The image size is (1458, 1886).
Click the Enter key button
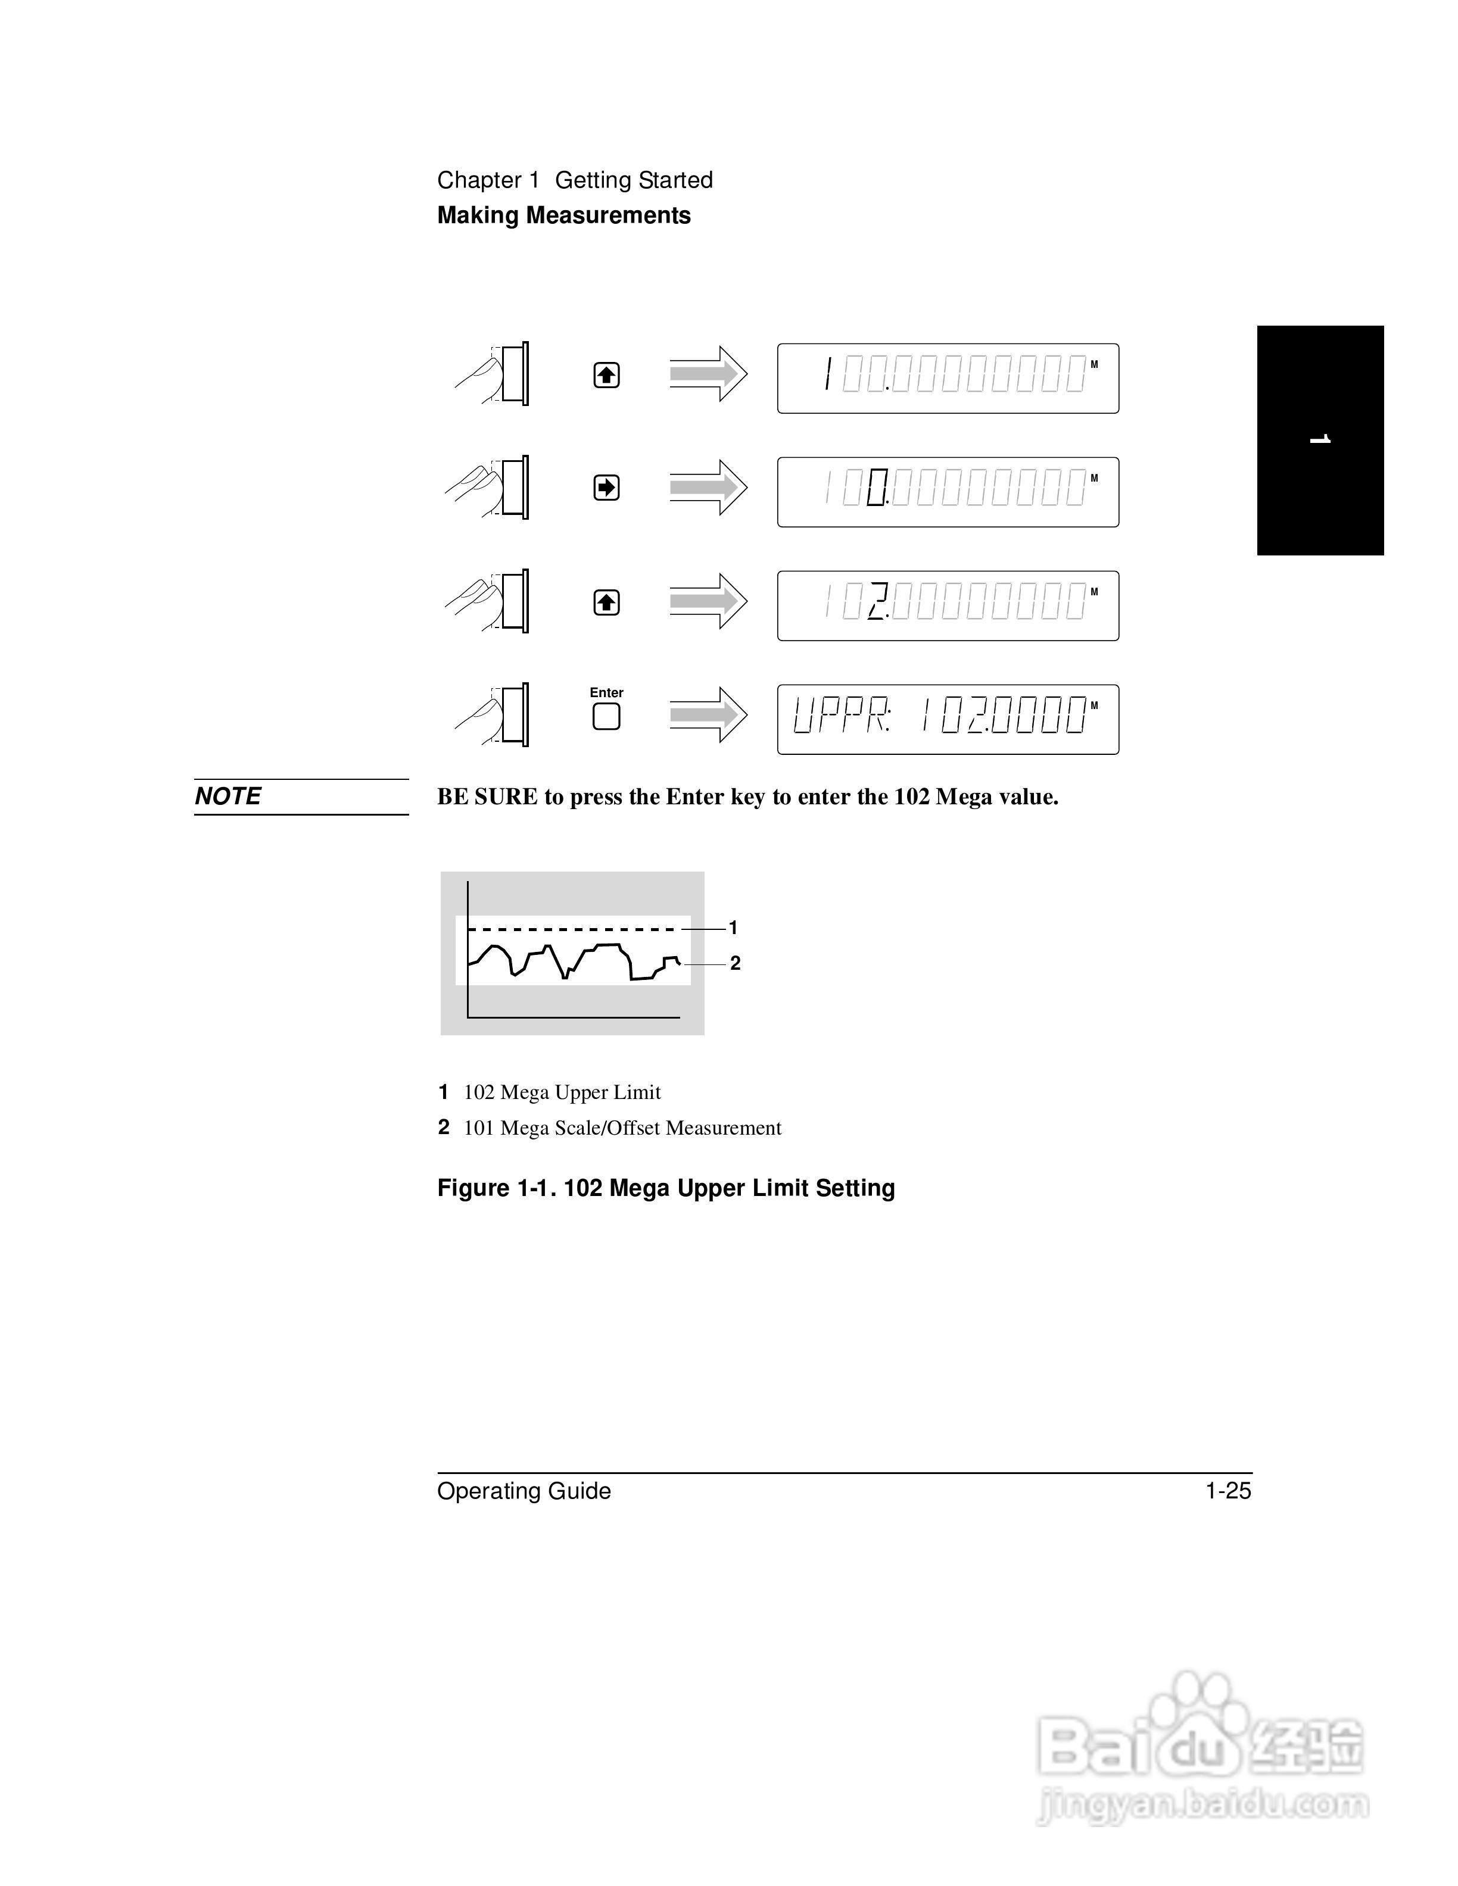click(x=606, y=716)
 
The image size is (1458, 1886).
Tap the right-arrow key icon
click(x=606, y=488)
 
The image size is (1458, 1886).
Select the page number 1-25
click(x=1228, y=1491)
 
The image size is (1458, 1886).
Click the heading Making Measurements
click(x=563, y=215)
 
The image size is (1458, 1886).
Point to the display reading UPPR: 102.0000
click(x=948, y=719)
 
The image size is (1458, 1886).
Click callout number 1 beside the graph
click(x=733, y=928)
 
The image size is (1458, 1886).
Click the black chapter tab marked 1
click(x=1320, y=441)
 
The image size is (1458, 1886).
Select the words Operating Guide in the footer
click(x=524, y=1491)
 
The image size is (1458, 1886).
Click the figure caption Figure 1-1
click(x=666, y=1188)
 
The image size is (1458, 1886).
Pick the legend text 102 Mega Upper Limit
click(x=562, y=1092)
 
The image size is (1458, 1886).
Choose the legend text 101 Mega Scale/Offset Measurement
click(x=622, y=1128)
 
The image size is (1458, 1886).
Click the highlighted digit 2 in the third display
click(x=877, y=601)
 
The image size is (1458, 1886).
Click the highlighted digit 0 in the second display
click(x=877, y=488)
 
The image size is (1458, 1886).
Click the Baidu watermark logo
click(x=1201, y=1753)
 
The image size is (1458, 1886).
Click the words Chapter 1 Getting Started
click(x=574, y=180)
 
